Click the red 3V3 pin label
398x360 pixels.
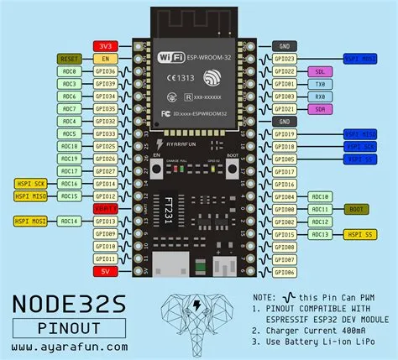(105, 46)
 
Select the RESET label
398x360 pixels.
(70, 59)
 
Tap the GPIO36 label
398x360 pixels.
(105, 72)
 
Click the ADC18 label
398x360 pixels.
(70, 145)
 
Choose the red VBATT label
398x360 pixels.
(105, 207)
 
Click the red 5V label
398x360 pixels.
(105, 272)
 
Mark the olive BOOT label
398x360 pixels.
(356, 208)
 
